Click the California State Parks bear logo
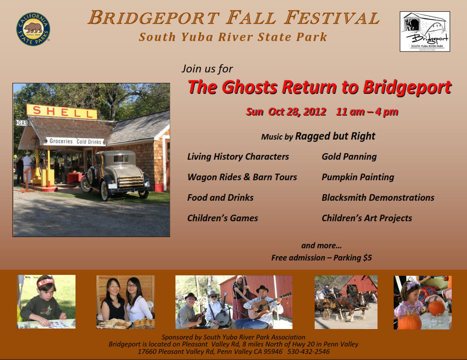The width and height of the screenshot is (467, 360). (33, 29)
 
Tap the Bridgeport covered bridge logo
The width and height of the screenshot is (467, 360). (425, 31)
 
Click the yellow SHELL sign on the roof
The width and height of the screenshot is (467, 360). (62, 112)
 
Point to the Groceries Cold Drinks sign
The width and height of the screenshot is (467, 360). (76, 141)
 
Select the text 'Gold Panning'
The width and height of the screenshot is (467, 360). (349, 157)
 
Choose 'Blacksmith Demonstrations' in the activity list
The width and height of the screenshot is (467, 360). (378, 197)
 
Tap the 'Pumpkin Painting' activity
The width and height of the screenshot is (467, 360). (358, 177)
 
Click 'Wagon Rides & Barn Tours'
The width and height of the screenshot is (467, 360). (242, 177)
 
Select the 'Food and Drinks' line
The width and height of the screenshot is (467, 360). (220, 197)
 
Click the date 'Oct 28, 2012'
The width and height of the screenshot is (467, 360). (297, 112)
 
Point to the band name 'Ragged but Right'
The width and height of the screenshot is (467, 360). (335, 137)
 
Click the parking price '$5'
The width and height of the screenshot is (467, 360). (367, 257)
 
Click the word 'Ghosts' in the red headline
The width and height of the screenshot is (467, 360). (250, 87)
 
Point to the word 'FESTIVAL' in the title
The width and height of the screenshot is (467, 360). (332, 17)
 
